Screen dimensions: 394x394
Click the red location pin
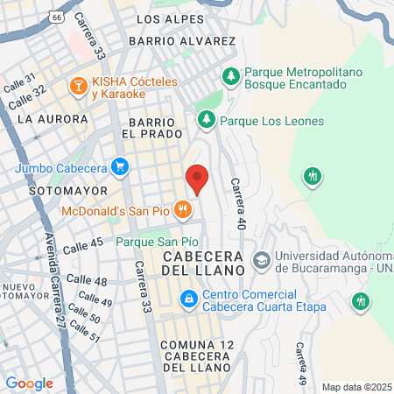point(198,179)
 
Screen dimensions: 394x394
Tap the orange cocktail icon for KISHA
point(77,85)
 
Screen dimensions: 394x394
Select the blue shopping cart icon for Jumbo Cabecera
point(120,167)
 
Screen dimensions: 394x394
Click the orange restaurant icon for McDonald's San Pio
point(183,209)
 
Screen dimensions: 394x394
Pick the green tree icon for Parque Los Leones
point(206,121)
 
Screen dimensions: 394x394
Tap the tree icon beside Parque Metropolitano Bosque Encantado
point(231,76)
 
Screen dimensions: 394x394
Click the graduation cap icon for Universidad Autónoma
point(260,260)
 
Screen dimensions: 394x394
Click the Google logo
point(29,383)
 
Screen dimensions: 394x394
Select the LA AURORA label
point(53,118)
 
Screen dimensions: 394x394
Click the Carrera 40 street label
point(237,203)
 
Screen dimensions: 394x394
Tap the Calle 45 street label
point(84,245)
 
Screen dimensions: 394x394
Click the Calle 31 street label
point(18,84)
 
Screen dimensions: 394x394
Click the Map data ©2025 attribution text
point(356,386)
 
